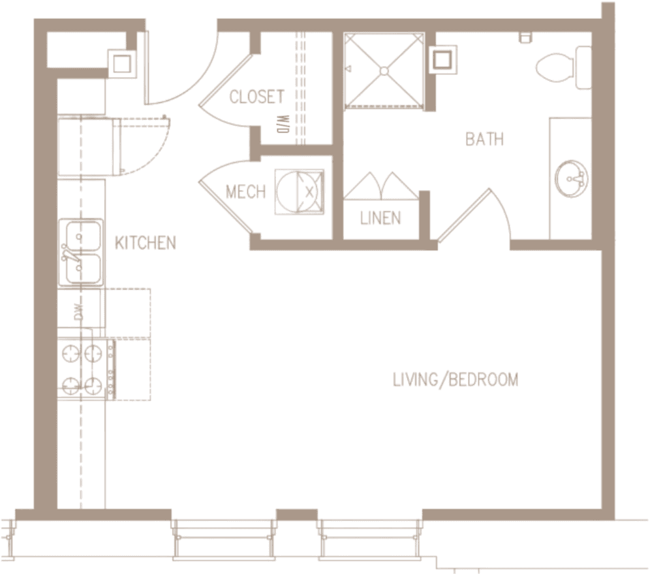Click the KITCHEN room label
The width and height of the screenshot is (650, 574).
click(146, 243)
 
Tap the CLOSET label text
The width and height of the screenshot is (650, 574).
click(257, 97)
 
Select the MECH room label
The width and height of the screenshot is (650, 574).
click(245, 192)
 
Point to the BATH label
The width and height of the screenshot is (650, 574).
click(484, 139)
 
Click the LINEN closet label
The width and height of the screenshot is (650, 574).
click(380, 218)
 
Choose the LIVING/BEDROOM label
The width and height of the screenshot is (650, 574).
click(456, 379)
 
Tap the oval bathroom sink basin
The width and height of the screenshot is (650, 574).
click(572, 178)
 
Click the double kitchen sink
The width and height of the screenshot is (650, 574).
click(82, 251)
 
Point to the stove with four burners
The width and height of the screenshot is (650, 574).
click(82, 369)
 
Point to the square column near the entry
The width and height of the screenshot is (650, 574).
click(122, 63)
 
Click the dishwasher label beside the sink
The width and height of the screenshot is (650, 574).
click(78, 311)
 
